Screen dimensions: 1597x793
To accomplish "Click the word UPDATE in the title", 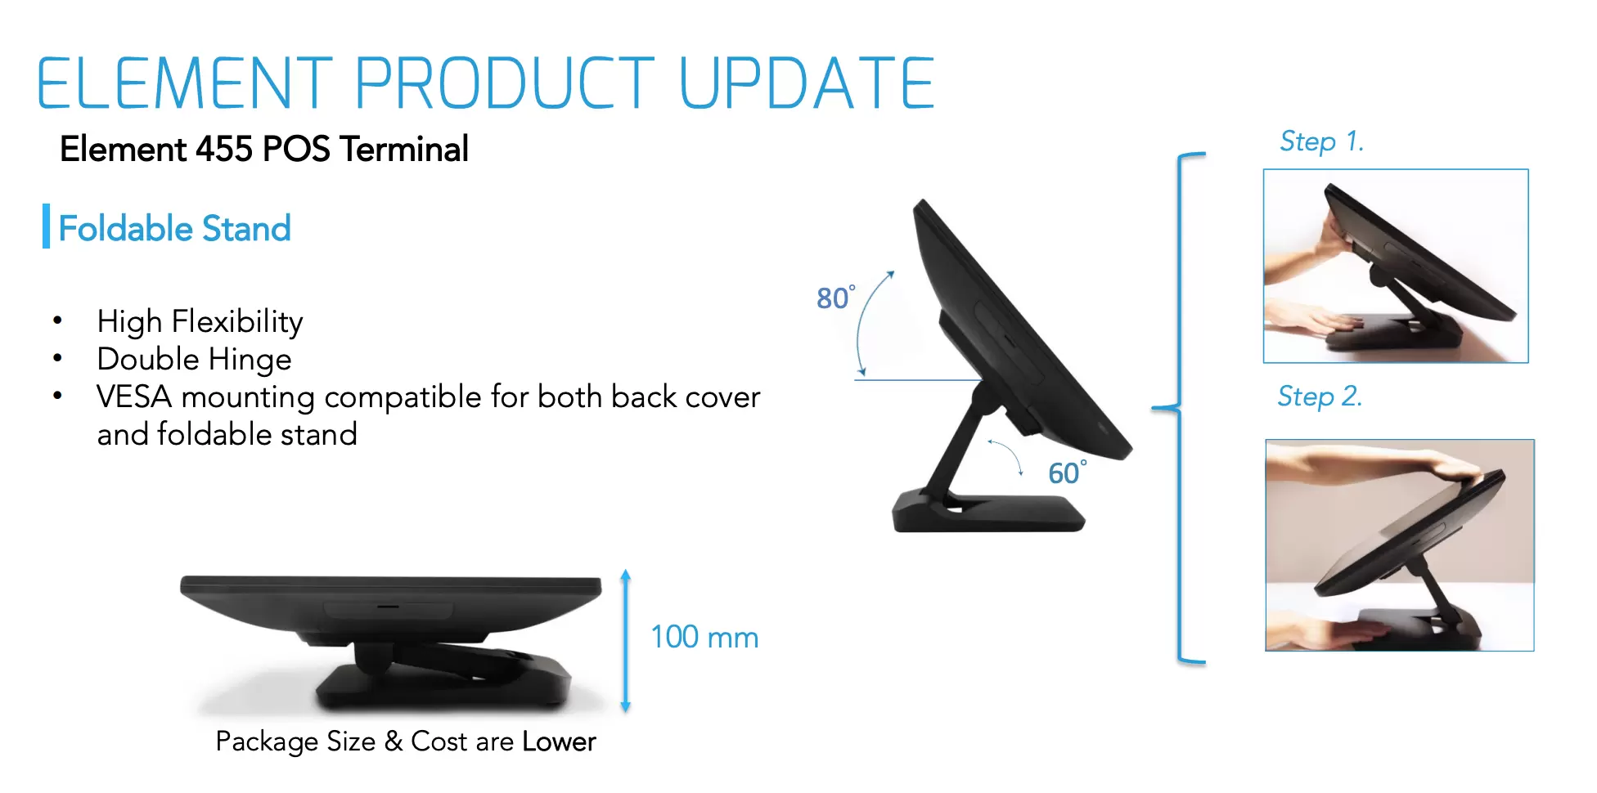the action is tap(807, 83).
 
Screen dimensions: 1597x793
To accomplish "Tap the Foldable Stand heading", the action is tap(175, 228).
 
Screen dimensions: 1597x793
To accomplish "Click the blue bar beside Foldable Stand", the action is tap(47, 226).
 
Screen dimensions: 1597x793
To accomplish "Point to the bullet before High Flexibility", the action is tap(57, 320).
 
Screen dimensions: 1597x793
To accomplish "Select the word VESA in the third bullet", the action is tap(134, 396).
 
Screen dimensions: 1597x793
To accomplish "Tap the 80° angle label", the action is tap(836, 297).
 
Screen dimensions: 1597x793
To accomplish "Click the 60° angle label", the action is tap(1068, 472).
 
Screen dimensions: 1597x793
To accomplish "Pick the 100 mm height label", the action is tap(704, 637).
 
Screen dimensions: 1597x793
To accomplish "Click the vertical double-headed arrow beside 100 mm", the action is tap(626, 641).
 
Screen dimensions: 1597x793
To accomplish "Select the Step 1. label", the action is tap(1321, 141).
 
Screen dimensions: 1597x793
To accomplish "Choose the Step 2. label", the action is tap(1320, 396).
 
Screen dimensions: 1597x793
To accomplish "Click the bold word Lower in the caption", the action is tap(560, 741).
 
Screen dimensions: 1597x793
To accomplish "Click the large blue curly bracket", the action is tap(1178, 407).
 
